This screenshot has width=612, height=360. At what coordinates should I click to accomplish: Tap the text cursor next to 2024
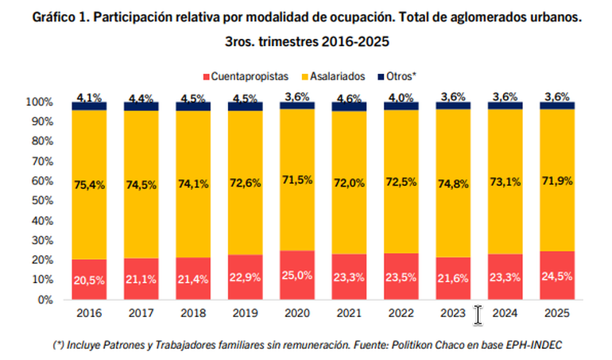(478, 315)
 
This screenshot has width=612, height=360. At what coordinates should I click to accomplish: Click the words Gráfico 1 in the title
(58, 16)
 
